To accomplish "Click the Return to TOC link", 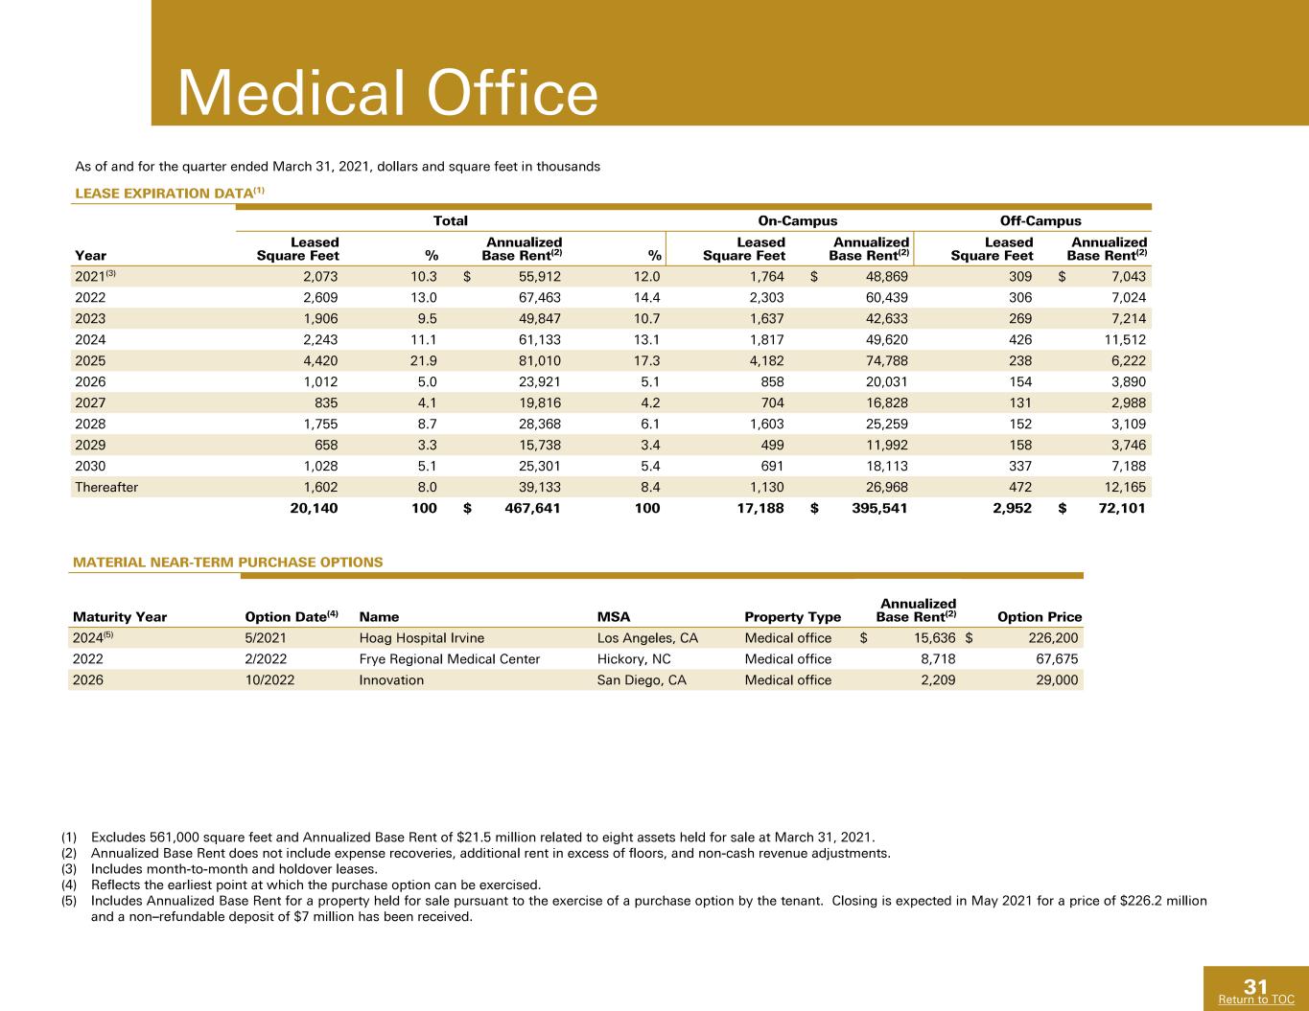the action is (1256, 1000).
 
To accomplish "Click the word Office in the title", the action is (512, 93).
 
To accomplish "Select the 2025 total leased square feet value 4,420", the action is (320, 360).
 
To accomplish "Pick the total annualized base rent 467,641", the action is (532, 508).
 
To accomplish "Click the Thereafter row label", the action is (106, 487).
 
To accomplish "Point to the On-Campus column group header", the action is (798, 220).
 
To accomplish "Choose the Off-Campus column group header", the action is (1040, 220).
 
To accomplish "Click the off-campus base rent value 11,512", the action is (1125, 339).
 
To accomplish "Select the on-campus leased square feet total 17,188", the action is (760, 508).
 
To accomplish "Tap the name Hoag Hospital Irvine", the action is (422, 638).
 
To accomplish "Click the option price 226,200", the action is (1053, 638).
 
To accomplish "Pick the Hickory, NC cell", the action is (634, 659).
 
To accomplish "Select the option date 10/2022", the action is (269, 680).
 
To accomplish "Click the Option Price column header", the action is (1040, 617).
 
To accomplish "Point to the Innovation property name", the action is (391, 680).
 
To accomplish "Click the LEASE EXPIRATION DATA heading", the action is (164, 194).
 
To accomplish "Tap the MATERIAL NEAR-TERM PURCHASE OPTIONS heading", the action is (227, 563).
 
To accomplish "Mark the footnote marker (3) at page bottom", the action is (69, 869).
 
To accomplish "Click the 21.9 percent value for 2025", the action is (424, 360).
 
